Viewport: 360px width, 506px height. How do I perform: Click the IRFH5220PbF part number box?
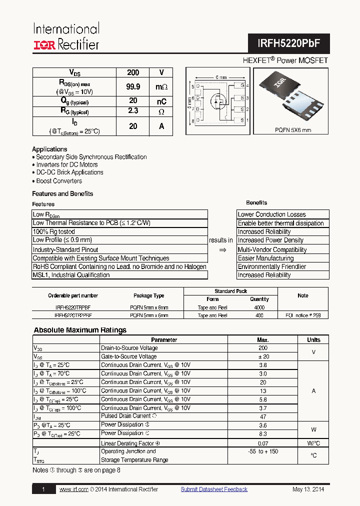[288, 43]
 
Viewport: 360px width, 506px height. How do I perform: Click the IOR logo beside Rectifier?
[44, 45]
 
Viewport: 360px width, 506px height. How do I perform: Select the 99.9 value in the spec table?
[133, 86]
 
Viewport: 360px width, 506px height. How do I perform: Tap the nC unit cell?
[161, 101]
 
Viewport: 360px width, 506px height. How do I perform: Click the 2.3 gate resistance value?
[133, 111]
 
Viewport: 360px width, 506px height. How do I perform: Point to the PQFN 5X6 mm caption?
[292, 129]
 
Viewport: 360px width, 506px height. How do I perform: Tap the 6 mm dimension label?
[220, 77]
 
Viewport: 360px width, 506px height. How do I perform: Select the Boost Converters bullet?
[59, 181]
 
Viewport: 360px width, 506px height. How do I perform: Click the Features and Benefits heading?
[62, 193]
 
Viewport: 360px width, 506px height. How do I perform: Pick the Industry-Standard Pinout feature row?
[65, 249]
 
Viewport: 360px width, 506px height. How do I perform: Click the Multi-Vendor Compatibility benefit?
[272, 249]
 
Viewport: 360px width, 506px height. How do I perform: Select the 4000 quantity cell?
[259, 307]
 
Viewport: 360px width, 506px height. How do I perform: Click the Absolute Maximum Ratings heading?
[80, 330]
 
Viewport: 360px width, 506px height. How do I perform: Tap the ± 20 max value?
[263, 356]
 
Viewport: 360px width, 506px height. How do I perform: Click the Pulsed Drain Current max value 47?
[263, 416]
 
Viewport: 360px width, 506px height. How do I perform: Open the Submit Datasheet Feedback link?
[214, 489]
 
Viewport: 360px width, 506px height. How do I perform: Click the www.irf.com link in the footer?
[74, 489]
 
